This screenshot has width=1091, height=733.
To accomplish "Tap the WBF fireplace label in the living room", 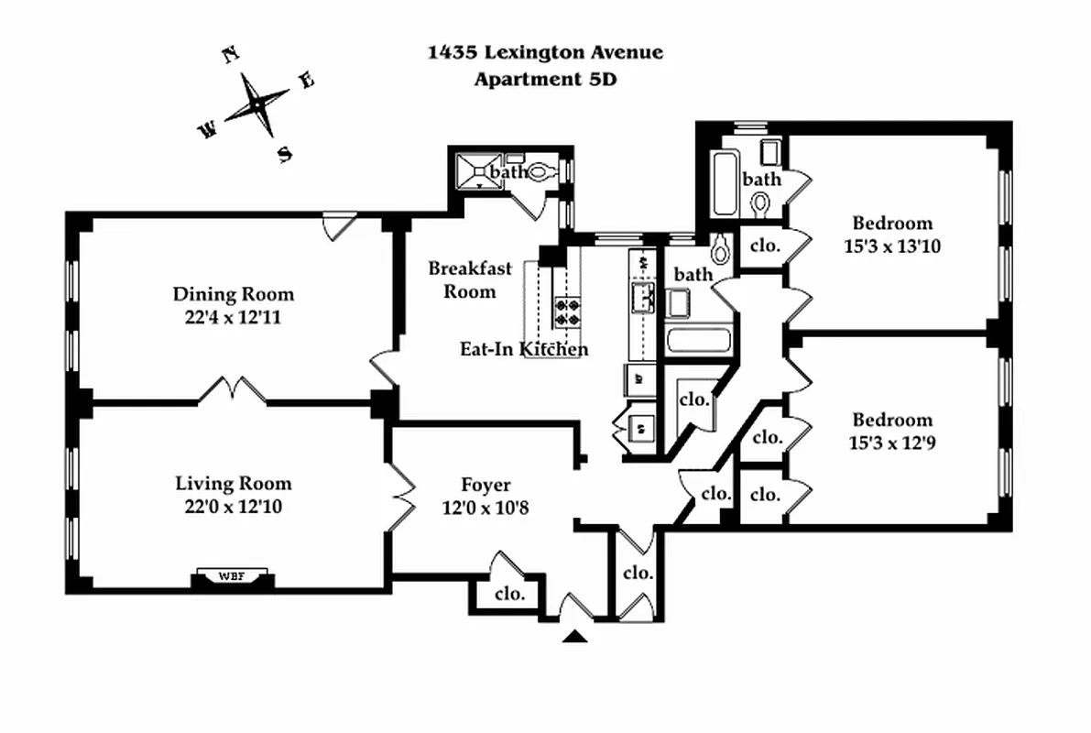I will point(233,577).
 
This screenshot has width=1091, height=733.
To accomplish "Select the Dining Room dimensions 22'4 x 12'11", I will point(234,318).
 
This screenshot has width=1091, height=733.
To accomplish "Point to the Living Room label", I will point(234,484).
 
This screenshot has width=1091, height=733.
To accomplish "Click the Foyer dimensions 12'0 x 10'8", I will point(485,507).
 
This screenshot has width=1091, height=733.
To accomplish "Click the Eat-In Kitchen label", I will point(524,349).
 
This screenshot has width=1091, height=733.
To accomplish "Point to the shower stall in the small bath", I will point(477,171).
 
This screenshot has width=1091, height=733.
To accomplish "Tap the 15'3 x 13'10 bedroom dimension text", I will point(892,246).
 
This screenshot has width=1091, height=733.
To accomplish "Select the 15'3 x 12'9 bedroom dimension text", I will point(892,443).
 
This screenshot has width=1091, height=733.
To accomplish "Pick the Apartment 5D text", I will point(545,79).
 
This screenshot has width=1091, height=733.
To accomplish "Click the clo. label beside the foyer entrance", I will point(510,593).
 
